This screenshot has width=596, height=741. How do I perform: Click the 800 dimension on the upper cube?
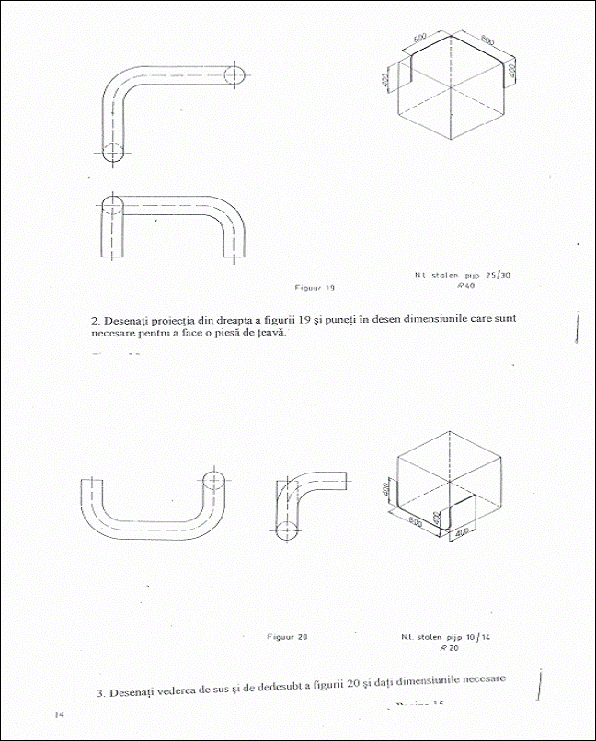coord(487,41)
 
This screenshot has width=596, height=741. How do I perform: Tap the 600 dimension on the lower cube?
coord(416,521)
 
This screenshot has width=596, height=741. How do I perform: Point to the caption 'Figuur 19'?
coord(315,287)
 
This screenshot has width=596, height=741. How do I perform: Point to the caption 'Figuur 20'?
coord(287,636)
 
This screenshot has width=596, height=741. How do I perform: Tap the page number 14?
coord(59,714)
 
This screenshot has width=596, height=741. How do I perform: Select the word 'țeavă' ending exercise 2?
coord(268,333)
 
